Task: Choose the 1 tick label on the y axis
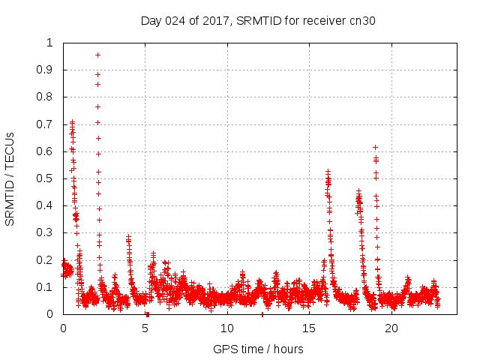tap(53, 43)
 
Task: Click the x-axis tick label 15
tap(310, 328)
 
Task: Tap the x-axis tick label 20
tap(391, 328)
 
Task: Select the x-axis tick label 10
tap(227, 328)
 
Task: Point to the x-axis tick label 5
tap(145, 328)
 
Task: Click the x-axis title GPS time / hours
tap(258, 349)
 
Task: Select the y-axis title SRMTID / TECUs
tap(10, 178)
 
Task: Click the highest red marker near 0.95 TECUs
tap(97, 55)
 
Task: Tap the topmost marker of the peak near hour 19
tap(375, 147)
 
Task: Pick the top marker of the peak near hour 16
tap(328, 172)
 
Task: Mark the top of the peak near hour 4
tap(128, 236)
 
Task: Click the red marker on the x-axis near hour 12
tap(262, 314)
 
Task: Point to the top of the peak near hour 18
tap(359, 190)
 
